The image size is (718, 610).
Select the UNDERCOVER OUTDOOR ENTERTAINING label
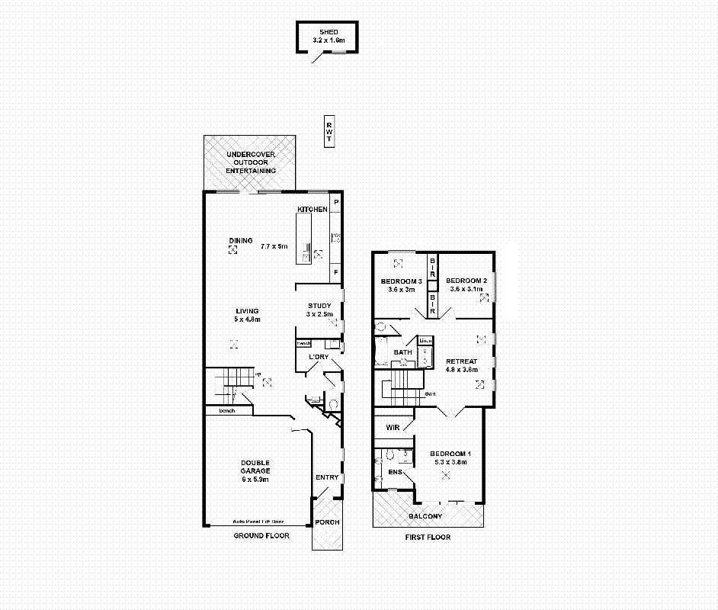tap(250, 162)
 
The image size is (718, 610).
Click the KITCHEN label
tap(313, 209)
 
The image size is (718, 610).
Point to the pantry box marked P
tap(336, 201)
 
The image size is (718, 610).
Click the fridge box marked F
tap(336, 271)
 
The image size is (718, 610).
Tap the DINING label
tap(241, 241)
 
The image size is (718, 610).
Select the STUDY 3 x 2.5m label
tap(319, 310)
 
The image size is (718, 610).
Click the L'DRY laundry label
tap(318, 357)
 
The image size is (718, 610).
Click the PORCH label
tap(328, 522)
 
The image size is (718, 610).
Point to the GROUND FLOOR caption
tap(261, 536)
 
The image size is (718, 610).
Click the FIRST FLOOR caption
tap(427, 537)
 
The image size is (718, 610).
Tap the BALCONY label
tap(425, 516)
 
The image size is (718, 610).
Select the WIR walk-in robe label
tap(393, 428)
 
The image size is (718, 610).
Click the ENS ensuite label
tap(395, 473)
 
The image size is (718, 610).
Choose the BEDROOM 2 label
tap(466, 284)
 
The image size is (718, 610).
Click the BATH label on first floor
tap(402, 352)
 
